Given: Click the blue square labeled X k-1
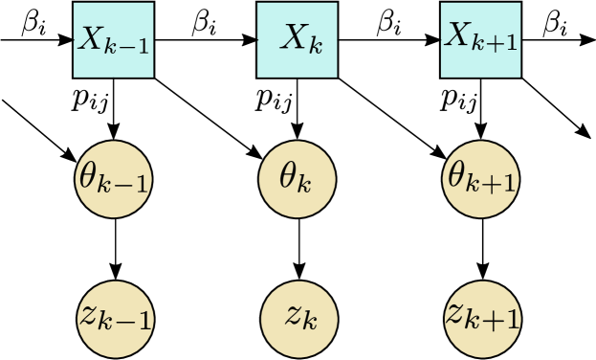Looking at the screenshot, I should click(113, 40).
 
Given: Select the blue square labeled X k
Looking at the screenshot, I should click(298, 40).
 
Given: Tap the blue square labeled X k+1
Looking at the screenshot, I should click(481, 40).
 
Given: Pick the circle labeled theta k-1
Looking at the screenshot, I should click(113, 178).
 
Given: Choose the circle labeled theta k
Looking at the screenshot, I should click(298, 178).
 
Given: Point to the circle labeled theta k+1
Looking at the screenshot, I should click(481, 178).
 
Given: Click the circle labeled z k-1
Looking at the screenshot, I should click(113, 316).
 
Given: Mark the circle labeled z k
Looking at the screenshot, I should click(298, 316).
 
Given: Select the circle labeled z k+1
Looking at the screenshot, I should click(481, 316).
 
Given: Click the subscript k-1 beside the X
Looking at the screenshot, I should click(128, 46).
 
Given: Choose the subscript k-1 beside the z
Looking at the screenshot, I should click(128, 321).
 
